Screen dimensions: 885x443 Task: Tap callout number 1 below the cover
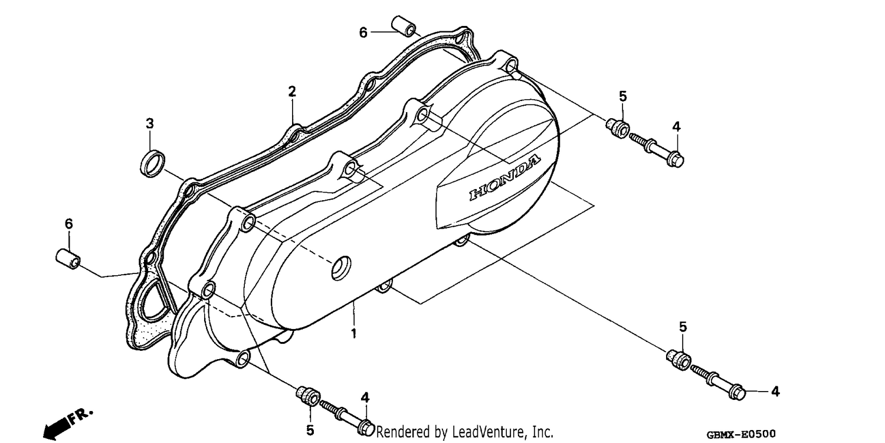(354, 334)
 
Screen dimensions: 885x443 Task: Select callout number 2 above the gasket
(292, 92)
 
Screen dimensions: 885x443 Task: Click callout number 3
(149, 124)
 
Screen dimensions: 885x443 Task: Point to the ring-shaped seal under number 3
(152, 164)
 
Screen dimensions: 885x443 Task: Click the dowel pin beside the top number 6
(404, 26)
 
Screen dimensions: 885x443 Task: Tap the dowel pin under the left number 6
(68, 259)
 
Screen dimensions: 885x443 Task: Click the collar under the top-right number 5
(618, 128)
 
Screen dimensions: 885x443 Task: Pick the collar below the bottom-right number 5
(678, 360)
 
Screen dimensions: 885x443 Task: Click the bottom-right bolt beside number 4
(718, 383)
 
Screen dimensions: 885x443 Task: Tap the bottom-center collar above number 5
(308, 395)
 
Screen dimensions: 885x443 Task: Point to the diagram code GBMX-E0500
(741, 434)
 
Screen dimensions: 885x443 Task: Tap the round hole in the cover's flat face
(341, 268)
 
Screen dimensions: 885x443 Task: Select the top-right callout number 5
(622, 96)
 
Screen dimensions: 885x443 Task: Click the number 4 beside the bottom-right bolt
(775, 392)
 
